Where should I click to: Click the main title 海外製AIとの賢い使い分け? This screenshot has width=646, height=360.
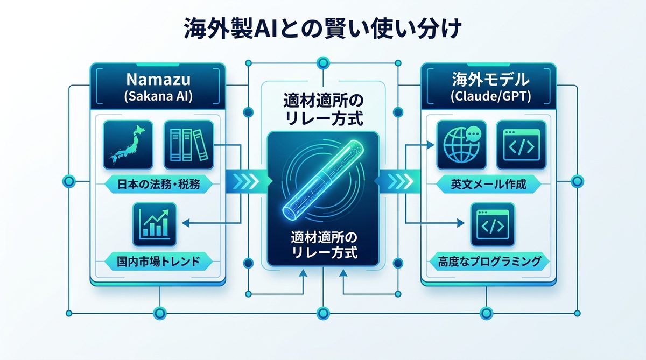pos(322,29)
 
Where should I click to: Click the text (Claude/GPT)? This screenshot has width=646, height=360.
pos(489,97)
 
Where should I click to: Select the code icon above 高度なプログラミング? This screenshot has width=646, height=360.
pos(492,225)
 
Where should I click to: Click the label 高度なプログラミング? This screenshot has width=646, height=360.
pos(489,262)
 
